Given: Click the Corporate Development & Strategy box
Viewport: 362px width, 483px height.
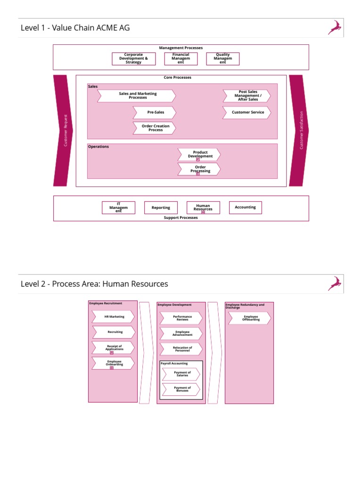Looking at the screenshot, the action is click(x=133, y=58).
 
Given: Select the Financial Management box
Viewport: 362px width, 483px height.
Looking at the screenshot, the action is click(x=181, y=58).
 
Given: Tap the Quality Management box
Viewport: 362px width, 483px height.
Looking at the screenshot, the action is click(x=223, y=58).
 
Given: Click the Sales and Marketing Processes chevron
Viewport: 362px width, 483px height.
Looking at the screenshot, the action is click(x=137, y=96).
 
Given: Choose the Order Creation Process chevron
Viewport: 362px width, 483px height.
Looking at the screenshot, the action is click(x=155, y=128).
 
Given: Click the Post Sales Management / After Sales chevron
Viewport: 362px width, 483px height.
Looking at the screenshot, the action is click(x=247, y=96).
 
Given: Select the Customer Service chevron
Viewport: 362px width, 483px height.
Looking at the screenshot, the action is click(x=247, y=113).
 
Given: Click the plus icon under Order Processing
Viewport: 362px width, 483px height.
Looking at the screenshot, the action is click(x=198, y=174).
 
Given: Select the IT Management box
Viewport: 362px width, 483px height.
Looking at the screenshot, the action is click(x=118, y=208).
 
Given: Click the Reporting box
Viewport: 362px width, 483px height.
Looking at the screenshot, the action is click(x=161, y=208).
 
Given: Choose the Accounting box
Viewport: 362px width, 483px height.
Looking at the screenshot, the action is click(x=245, y=208).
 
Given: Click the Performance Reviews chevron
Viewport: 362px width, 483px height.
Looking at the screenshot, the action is click(x=182, y=318).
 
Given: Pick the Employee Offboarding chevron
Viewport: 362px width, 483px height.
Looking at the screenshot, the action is click(x=250, y=318).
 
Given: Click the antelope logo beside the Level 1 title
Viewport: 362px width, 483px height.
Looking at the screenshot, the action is click(x=335, y=27).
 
